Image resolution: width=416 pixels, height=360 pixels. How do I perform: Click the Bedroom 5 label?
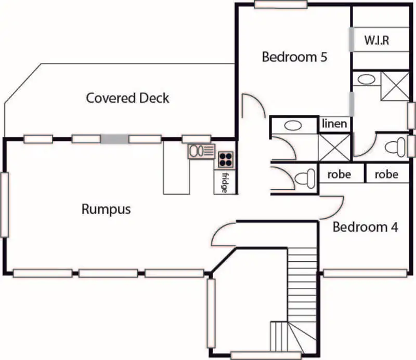click(x=294, y=57)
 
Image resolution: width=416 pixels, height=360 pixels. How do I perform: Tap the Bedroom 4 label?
click(x=366, y=227)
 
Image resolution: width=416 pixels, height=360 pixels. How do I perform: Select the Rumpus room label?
click(x=106, y=209)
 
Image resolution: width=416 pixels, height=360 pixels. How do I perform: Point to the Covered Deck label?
click(x=127, y=98)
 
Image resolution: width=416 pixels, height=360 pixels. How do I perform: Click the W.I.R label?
click(x=376, y=41)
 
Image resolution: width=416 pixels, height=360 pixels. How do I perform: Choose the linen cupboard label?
click(x=334, y=124)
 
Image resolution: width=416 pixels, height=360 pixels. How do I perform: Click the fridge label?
click(x=225, y=182)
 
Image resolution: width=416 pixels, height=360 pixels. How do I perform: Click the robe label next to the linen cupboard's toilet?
click(x=339, y=174)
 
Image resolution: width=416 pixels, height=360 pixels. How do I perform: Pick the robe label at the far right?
click(x=386, y=174)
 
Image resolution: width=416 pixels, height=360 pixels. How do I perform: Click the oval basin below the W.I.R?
click(x=367, y=79)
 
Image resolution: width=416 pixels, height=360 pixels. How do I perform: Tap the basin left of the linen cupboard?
click(x=294, y=126)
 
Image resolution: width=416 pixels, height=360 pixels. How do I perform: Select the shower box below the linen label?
click(x=335, y=148)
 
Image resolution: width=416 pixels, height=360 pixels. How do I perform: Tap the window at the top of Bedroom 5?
click(x=280, y=5)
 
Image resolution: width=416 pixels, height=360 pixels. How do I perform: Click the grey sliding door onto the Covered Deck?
click(x=114, y=139)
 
